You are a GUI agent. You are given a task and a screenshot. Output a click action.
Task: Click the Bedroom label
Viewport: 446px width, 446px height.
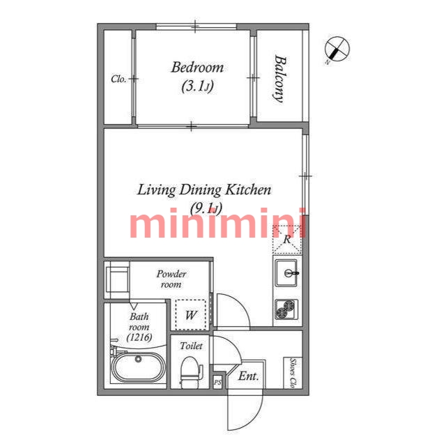pos(197,68)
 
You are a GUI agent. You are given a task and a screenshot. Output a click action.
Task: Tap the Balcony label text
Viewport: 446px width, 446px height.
pos(280,79)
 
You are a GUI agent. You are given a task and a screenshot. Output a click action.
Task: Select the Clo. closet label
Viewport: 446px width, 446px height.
pos(118,79)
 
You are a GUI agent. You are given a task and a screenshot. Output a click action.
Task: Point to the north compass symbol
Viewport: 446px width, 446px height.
pos(337,49)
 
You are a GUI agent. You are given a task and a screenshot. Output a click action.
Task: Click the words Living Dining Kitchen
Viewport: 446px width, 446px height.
pos(204,190)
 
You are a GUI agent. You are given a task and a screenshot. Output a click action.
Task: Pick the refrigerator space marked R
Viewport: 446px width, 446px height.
pos(287,239)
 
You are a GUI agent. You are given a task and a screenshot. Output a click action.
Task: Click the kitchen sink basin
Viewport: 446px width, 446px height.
pos(286,273)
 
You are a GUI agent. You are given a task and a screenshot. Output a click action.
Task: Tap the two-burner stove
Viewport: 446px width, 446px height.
pos(286,309)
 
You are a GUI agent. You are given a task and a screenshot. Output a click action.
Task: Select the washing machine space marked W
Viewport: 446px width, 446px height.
pos(190,314)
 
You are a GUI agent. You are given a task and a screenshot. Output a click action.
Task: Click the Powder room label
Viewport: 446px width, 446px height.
pos(171,279)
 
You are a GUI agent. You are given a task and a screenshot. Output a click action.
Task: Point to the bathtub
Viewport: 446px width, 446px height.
pos(138,367)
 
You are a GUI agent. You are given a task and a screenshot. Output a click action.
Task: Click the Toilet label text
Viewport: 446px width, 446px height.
pos(191,346)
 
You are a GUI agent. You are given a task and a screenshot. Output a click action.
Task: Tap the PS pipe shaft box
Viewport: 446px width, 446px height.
pos(217,383)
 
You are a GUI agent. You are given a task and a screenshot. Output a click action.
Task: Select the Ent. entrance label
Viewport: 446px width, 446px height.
pos(249,376)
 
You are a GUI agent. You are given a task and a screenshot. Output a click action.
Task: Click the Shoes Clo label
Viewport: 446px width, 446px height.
pos(293,373)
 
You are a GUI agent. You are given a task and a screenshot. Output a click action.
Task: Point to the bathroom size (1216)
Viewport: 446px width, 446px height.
pos(139,337)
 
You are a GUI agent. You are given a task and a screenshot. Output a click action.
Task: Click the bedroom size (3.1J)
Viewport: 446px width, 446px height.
pos(197,86)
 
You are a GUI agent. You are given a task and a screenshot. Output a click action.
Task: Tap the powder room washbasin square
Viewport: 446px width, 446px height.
pos(118,279)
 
